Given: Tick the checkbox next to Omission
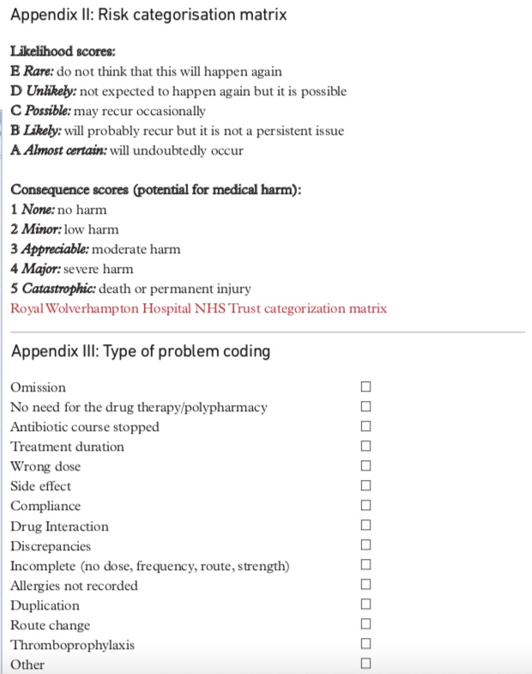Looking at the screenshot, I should (366, 387).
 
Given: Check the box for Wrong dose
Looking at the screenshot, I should (366, 466).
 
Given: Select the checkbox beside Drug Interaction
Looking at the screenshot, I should (366, 525).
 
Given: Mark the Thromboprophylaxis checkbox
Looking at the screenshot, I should (366, 644).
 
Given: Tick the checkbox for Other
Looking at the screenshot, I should (366, 664).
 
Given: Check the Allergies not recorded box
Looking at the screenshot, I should (366, 585).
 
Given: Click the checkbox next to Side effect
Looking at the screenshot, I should (366, 486).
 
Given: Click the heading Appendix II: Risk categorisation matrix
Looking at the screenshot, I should (148, 15).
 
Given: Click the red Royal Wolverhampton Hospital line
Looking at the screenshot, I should (198, 308).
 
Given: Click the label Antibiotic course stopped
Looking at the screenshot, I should (85, 427).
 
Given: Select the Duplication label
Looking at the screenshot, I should (44, 605).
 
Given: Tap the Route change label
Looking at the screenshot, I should (50, 625).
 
